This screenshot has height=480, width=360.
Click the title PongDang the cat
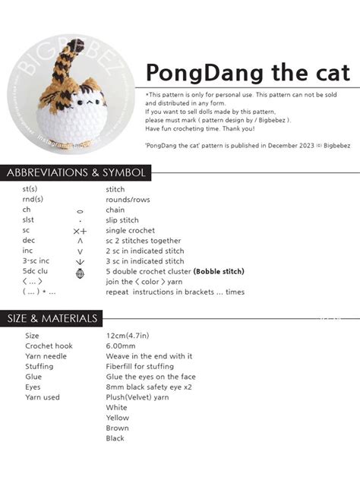coord(248,73)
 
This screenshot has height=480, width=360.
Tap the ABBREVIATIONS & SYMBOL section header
coord(76,172)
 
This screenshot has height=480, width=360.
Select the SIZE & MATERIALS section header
coord(52,318)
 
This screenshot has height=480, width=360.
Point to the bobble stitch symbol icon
coord(81,272)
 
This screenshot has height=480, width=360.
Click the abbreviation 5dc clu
coord(35,271)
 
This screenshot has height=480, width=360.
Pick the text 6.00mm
coord(122,346)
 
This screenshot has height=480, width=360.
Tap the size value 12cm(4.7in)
coord(127,335)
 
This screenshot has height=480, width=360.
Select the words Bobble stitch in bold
coord(219,271)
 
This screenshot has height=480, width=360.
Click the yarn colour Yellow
coord(117,418)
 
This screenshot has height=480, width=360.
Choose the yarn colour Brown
coord(117,428)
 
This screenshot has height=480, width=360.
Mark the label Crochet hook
coord(49,346)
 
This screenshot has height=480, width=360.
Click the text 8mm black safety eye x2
coord(148,387)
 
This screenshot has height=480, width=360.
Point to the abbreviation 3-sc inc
coord(36,261)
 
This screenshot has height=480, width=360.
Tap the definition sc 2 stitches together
coord(144,241)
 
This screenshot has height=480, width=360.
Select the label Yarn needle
coord(46,355)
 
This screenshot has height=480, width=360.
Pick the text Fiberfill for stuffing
coord(140,366)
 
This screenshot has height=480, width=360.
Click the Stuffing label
coord(39,366)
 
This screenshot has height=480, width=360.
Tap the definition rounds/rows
coord(125,200)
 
